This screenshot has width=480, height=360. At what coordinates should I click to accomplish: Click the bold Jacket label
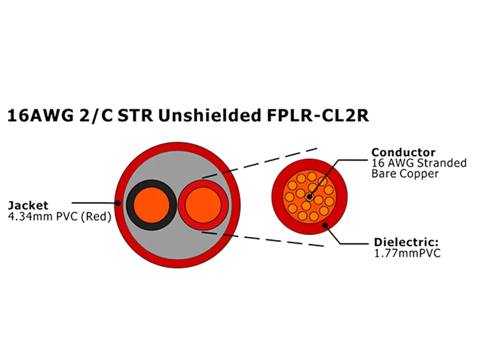(x=28, y=205)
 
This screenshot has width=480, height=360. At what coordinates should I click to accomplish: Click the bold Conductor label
(x=403, y=152)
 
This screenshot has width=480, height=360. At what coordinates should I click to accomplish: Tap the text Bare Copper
(x=405, y=174)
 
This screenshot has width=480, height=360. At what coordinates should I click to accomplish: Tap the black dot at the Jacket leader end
(x=118, y=203)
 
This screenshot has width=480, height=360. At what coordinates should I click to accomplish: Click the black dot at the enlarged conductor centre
(x=309, y=196)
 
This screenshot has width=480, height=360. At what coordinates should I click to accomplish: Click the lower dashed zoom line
(x=263, y=239)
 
